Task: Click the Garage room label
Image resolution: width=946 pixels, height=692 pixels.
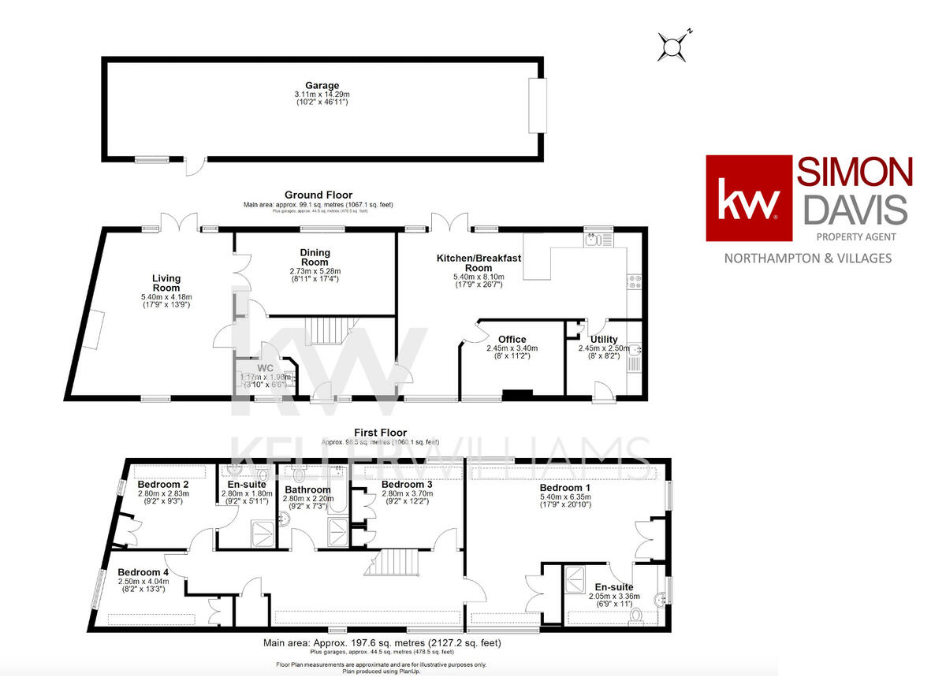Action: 322,85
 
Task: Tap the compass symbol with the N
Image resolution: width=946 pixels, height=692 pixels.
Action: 674,47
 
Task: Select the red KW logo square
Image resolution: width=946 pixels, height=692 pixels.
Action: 748,198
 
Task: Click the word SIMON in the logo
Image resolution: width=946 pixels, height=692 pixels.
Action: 855,172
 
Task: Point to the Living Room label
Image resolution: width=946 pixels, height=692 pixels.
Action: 166,283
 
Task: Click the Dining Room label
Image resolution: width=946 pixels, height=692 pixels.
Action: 315,258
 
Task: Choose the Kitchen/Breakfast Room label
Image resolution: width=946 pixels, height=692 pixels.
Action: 479,263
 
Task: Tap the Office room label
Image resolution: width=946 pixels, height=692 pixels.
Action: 512,340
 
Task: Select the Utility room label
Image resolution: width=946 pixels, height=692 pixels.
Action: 603,339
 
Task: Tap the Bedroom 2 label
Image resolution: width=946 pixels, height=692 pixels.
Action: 162,484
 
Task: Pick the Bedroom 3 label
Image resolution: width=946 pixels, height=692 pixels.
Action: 407,484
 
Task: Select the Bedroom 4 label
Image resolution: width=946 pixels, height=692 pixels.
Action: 143,572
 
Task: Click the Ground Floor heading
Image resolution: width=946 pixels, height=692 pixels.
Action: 318,195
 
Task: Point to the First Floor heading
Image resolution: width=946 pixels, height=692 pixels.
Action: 380,433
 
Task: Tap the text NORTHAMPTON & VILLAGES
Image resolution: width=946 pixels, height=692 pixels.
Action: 808,258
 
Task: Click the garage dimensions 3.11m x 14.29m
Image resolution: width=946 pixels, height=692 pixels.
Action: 322,94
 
